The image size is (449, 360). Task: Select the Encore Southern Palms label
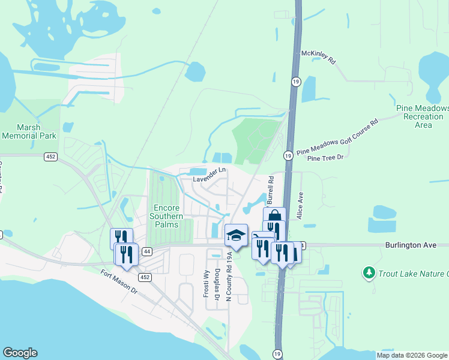click(x=166, y=212)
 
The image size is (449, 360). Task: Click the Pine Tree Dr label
click(x=325, y=158)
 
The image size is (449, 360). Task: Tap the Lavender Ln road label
click(x=209, y=170)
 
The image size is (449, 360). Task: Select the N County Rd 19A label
click(x=229, y=273)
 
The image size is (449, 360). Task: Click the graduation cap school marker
click(x=237, y=234)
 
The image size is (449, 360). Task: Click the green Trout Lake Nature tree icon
click(x=368, y=274)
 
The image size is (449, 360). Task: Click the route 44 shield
click(x=146, y=253)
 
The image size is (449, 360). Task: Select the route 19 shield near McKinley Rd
click(x=295, y=81)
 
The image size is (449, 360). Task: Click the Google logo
click(x=20, y=353)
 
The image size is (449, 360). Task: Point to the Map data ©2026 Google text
click(x=412, y=355)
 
